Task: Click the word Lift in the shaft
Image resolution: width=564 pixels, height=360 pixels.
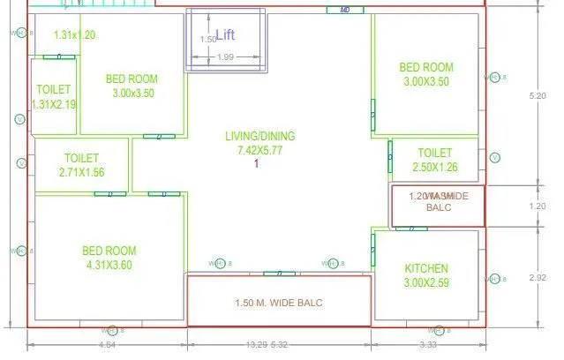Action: tap(226, 35)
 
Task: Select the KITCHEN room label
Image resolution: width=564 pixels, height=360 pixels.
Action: tap(426, 268)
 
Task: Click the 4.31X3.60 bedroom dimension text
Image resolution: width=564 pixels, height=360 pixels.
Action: tap(109, 264)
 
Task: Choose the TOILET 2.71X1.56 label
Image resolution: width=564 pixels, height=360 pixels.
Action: tap(83, 166)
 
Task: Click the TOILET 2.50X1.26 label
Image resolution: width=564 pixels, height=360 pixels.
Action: tap(434, 160)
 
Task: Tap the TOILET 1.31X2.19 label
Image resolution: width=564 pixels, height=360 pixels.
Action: tap(54, 97)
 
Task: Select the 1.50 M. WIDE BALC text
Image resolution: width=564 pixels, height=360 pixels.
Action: tap(279, 304)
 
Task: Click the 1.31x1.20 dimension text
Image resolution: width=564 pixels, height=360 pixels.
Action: tap(74, 36)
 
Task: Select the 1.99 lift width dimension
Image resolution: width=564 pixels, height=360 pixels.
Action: tap(225, 57)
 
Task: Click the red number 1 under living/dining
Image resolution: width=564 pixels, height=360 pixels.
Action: tap(256, 163)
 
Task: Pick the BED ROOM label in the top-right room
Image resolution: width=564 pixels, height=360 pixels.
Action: tap(426, 67)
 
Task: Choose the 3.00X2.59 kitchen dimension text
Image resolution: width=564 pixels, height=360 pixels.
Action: tap(426, 282)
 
